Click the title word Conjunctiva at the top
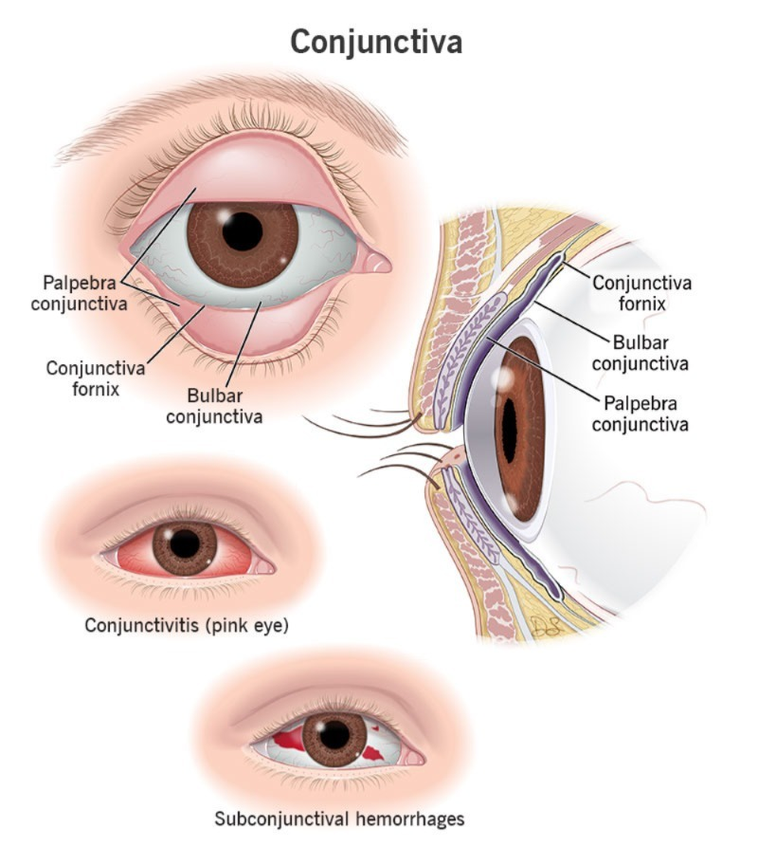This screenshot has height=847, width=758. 376,42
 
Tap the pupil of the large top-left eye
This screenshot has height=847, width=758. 243,231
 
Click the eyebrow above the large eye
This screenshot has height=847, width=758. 232,116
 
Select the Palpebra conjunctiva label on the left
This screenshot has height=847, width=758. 80,293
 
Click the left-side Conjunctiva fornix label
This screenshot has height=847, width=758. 96,378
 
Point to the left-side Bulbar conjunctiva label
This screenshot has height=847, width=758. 214,406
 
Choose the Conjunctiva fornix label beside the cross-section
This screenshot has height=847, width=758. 641,293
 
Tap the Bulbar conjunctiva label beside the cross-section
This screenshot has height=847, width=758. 641,353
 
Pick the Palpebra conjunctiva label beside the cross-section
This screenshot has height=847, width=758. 641,414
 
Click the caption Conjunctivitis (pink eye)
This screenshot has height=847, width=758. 187,625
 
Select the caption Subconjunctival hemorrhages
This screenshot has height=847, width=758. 339,819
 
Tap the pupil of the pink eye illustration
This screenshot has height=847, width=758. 185,544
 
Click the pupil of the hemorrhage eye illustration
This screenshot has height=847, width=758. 334,735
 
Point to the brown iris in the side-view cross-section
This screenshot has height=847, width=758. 520,429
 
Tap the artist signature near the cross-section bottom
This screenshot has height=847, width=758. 545,626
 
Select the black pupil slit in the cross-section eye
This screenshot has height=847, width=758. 509,430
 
